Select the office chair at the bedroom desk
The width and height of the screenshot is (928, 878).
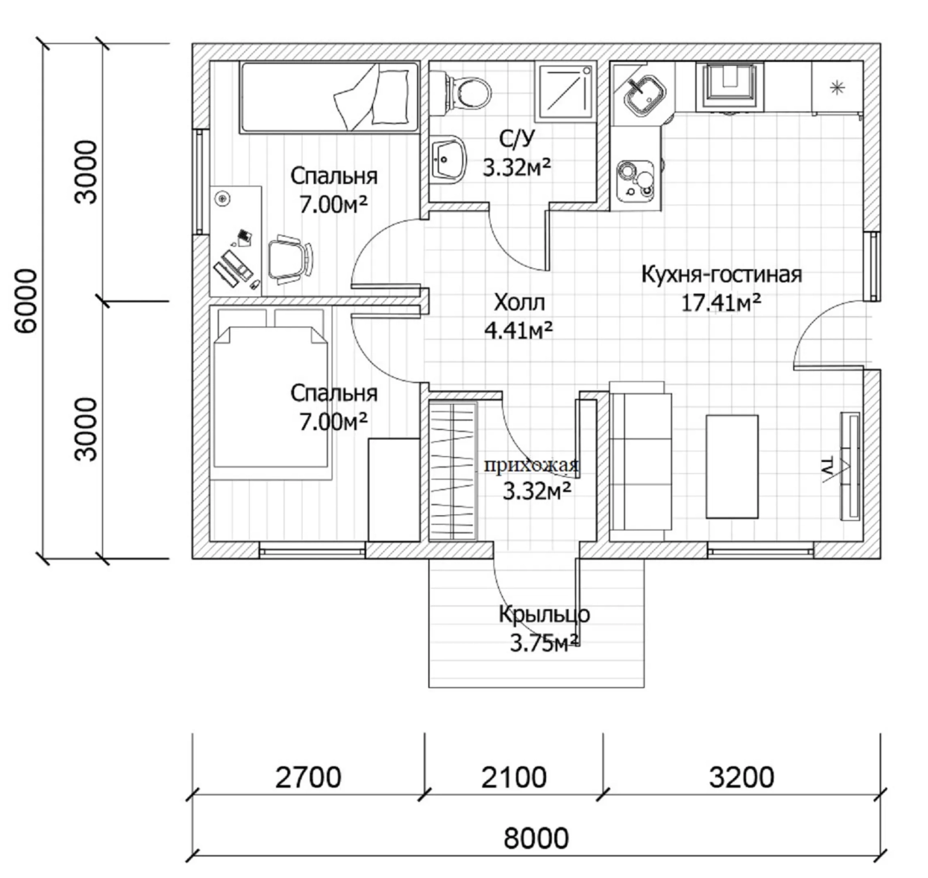coord(290,259)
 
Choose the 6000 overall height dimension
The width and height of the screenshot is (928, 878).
coord(26,301)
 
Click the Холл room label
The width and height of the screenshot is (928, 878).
coord(519,303)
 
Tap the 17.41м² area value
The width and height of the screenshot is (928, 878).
coord(721,303)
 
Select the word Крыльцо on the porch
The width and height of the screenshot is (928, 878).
coord(545,614)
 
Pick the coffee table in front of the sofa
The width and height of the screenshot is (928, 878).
coord(732,467)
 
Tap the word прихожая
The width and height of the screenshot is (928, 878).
coord(531,464)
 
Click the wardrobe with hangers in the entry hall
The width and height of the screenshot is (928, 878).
coord(453,470)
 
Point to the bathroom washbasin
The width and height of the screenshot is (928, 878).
coord(448,159)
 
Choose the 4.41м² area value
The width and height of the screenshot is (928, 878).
coord(518,330)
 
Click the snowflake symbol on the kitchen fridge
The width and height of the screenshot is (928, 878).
coord(837,88)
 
